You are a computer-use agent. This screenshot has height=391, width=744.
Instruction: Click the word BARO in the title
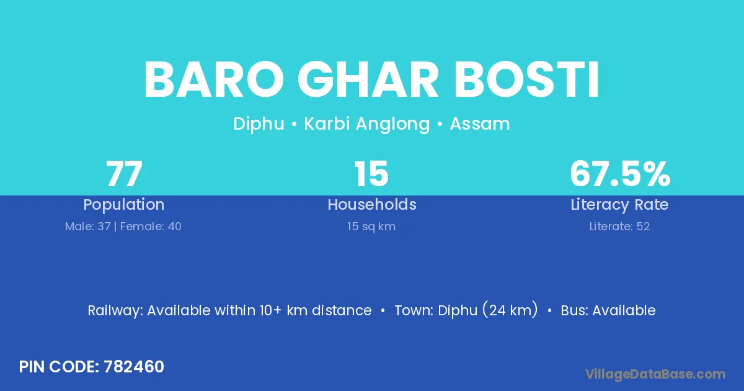tap(214, 79)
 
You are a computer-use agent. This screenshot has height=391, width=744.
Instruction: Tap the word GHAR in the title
tap(368, 79)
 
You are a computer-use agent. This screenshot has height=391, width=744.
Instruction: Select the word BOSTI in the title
tap(526, 79)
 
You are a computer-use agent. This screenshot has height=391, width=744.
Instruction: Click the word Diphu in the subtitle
tap(259, 124)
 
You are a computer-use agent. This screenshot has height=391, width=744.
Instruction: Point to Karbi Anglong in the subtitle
tap(367, 124)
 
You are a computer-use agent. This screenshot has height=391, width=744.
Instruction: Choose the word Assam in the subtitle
tap(480, 124)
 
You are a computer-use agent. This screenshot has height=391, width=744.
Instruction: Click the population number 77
tap(124, 174)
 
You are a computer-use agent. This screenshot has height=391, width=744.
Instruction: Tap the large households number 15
tap(371, 174)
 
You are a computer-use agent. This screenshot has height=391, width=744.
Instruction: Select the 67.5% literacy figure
tap(620, 174)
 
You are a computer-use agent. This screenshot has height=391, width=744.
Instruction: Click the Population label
tap(124, 205)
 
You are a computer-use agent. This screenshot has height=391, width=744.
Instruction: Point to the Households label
tap(372, 204)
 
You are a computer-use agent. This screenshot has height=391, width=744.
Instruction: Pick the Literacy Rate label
tap(619, 205)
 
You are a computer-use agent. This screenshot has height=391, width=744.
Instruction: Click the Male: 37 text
tap(87, 227)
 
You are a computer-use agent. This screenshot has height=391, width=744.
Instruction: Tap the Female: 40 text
tap(151, 227)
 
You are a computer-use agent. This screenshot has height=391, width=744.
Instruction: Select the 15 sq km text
tap(371, 227)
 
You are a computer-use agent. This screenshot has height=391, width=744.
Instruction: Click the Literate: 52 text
tap(619, 227)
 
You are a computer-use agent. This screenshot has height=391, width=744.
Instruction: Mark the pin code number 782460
tap(134, 367)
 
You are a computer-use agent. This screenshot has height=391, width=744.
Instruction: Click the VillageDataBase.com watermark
tap(655, 374)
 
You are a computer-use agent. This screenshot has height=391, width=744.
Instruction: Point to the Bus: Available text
tap(608, 310)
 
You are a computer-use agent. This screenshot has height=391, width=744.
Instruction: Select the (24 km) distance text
tap(510, 310)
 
